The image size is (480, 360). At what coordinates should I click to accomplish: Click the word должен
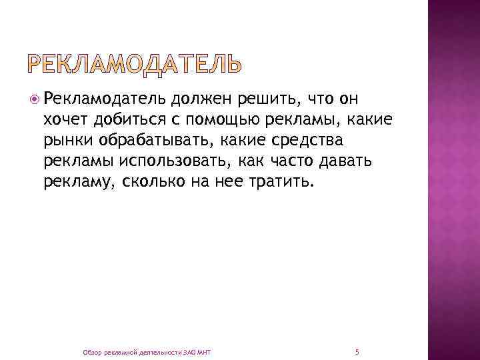pyautogui.click(x=200, y=100)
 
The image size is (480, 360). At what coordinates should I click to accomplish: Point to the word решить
pyautogui.click(x=272, y=100)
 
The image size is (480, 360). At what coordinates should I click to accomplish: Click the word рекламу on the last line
pyautogui.click(x=79, y=183)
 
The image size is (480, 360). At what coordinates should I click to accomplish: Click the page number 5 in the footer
pyautogui.click(x=358, y=351)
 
